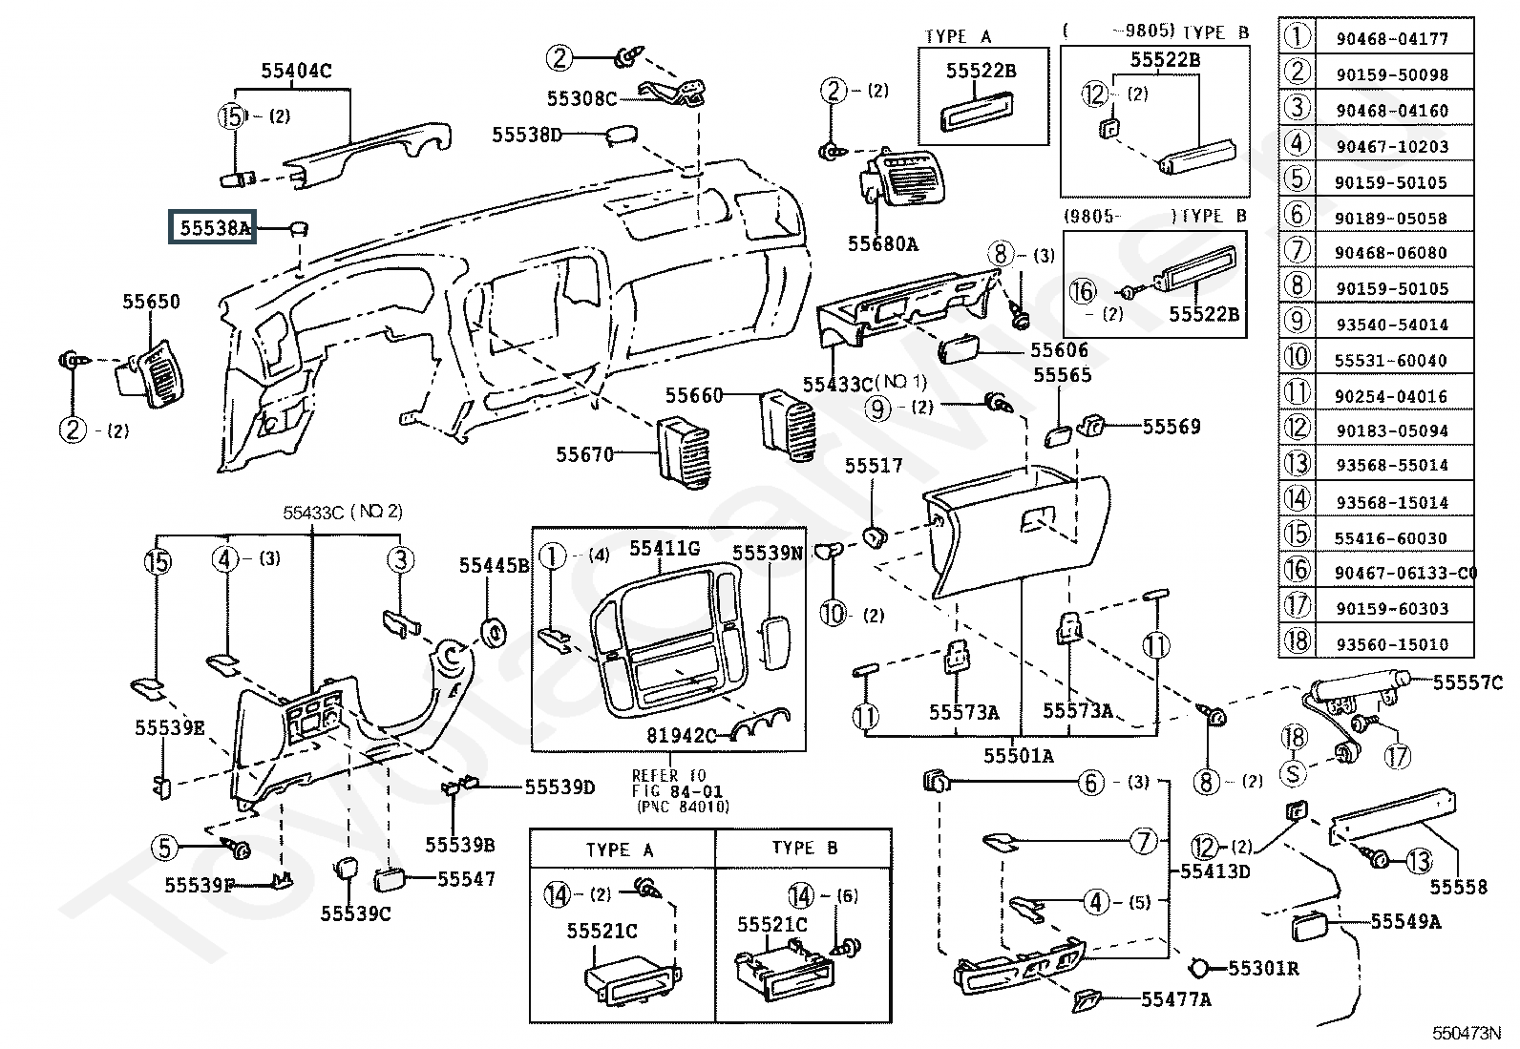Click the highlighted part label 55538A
(x=212, y=228)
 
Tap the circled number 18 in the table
(x=1297, y=641)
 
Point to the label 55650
(x=151, y=302)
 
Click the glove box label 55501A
(x=1020, y=756)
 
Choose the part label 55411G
(x=664, y=548)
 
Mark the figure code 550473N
(x=1466, y=1033)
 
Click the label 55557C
(x=1468, y=682)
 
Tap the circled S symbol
(x=1293, y=772)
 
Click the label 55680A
(x=882, y=244)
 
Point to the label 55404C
(x=296, y=71)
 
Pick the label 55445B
(x=494, y=565)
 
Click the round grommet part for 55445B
(x=494, y=633)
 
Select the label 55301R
(x=1263, y=969)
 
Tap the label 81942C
(x=683, y=735)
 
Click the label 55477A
(x=1176, y=999)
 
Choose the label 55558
(x=1459, y=888)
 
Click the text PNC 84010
(x=682, y=807)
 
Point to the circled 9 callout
(x=878, y=409)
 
